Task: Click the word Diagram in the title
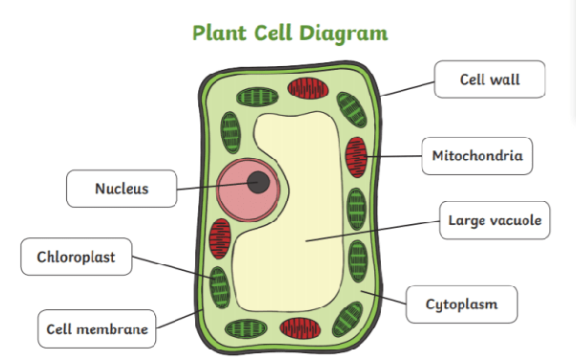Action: click(x=343, y=34)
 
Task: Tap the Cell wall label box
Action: click(x=490, y=79)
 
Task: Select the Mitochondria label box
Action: click(x=477, y=156)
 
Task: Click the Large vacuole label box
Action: click(x=495, y=220)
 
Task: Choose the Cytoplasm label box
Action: click(x=462, y=304)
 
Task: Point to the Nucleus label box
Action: click(x=122, y=189)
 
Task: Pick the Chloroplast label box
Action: click(x=77, y=257)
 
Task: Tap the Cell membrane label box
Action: click(x=97, y=328)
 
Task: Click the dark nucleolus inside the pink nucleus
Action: click(x=258, y=182)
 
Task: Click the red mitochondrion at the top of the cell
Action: click(x=308, y=88)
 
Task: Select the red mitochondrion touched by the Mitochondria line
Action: click(x=356, y=157)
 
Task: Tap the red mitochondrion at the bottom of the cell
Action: click(x=300, y=328)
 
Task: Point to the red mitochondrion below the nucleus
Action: click(x=220, y=239)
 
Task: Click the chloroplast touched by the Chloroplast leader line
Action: click(x=220, y=287)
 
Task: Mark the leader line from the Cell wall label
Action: click(x=408, y=89)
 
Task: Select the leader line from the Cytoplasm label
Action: click(x=384, y=298)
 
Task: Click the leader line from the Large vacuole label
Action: click(x=372, y=232)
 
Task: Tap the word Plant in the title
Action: click(x=220, y=34)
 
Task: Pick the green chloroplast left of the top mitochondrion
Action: click(x=257, y=98)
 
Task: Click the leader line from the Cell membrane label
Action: click(x=180, y=319)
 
